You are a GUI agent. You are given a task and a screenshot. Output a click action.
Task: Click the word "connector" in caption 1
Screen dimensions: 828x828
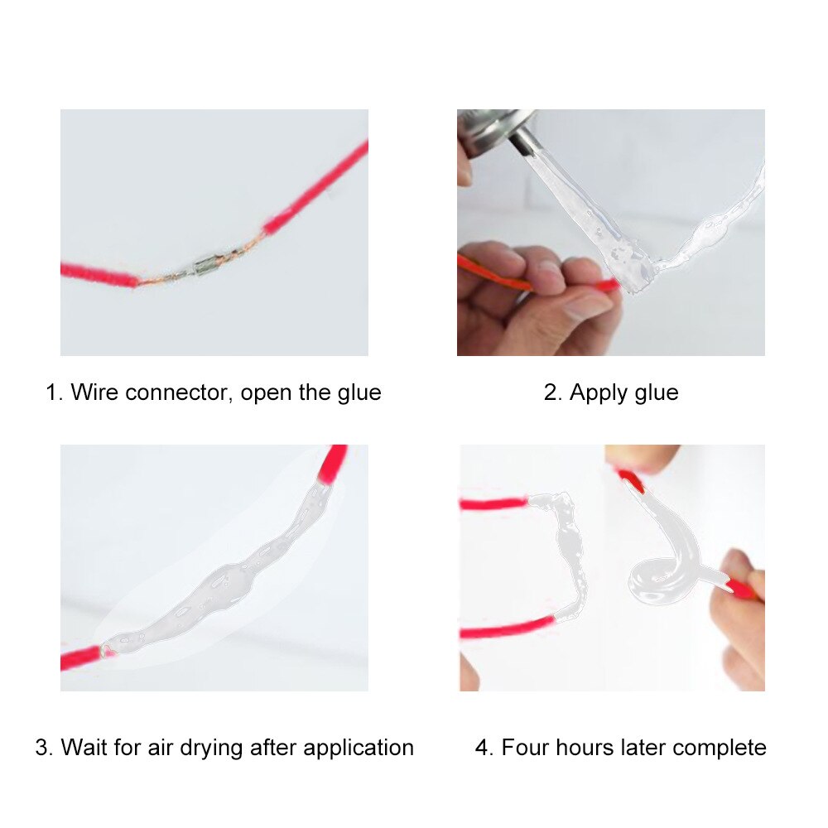pyautogui.click(x=177, y=392)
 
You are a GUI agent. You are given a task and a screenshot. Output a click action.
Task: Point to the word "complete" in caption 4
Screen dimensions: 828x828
pyautogui.click(x=720, y=748)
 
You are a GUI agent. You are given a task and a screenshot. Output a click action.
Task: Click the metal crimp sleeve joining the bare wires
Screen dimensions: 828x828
pyautogui.click(x=204, y=267)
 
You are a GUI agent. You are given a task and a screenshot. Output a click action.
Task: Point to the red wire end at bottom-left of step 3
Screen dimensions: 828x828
pyautogui.click(x=79, y=659)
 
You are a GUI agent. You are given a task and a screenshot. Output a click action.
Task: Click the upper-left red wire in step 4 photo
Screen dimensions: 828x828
pyautogui.click(x=493, y=503)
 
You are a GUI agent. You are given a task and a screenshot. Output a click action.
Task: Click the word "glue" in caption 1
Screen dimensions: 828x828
pyautogui.click(x=358, y=392)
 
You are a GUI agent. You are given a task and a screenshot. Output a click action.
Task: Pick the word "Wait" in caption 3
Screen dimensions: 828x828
pyautogui.click(x=82, y=748)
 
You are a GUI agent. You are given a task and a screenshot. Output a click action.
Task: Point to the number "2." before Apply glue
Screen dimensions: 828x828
pyautogui.click(x=552, y=392)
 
